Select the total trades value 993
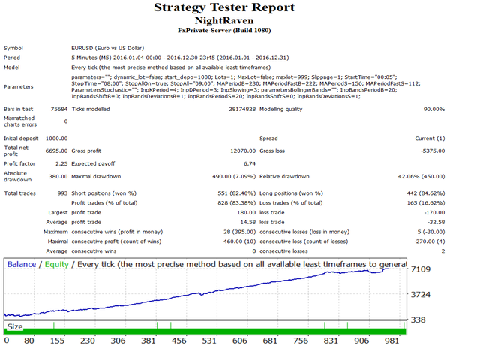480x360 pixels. pos(62,193)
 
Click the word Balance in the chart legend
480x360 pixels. pos(21,264)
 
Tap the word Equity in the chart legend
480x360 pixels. pos(56,264)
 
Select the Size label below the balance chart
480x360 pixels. pos(15,326)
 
